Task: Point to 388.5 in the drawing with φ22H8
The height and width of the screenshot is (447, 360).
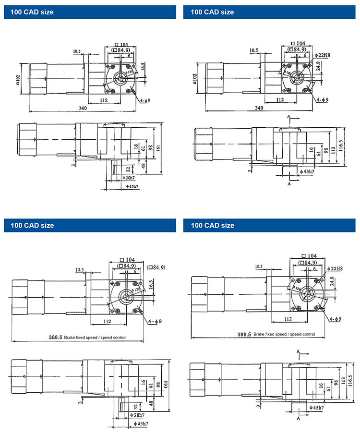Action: pos(244,334)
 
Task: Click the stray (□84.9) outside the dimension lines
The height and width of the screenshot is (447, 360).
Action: pos(156,267)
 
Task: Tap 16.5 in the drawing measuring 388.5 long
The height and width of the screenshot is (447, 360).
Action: pos(150,285)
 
